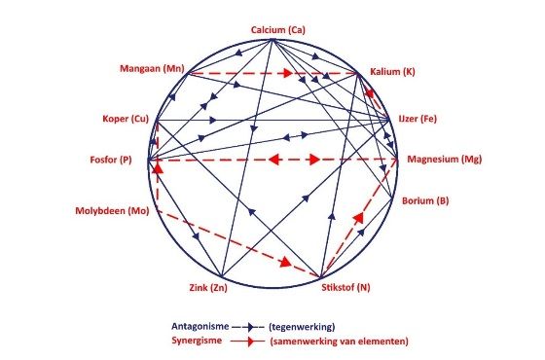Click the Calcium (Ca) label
pyautogui.click(x=278, y=30)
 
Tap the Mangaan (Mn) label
pyautogui.click(x=152, y=68)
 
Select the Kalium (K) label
pyautogui.click(x=392, y=72)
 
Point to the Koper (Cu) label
pyautogui.click(x=126, y=119)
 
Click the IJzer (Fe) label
pyautogui.click(x=418, y=119)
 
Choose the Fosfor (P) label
pyautogui.click(x=111, y=160)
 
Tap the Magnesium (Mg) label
pyautogui.click(x=445, y=160)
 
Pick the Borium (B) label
pyautogui.click(x=425, y=200)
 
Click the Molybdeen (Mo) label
pyautogui.click(x=112, y=211)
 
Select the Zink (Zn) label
pyautogui.click(x=208, y=288)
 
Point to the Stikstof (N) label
pyautogui.click(x=345, y=288)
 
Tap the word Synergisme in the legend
pyautogui.click(x=197, y=341)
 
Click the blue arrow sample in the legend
pyautogui.click(x=248, y=327)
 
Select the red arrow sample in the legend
pyautogui.click(x=247, y=342)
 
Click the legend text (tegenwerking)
pyautogui.click(x=302, y=327)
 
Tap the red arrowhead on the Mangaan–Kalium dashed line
pyautogui.click(x=287, y=73)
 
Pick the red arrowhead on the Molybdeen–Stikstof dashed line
pyautogui.click(x=286, y=262)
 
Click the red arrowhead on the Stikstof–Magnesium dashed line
pyautogui.click(x=358, y=218)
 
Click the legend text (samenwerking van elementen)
pyautogui.click(x=340, y=342)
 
